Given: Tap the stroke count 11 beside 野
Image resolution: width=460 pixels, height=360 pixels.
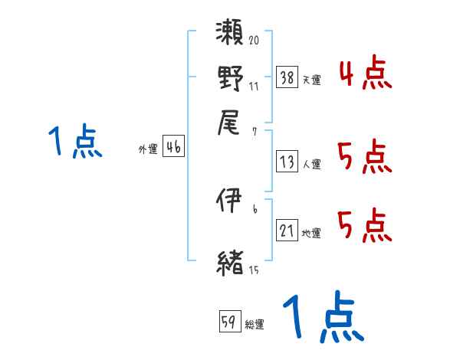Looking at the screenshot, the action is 254,86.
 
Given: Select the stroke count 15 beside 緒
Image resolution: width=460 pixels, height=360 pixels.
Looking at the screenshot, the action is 254,270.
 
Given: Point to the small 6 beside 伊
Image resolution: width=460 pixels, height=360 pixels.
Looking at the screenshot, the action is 254,209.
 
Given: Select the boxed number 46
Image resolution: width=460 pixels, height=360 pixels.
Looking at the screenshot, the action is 173,148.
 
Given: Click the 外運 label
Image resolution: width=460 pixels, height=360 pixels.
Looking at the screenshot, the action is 148,150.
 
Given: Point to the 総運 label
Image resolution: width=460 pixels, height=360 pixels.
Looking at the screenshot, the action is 255,325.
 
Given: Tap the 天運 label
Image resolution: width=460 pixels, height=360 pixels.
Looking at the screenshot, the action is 312,80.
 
